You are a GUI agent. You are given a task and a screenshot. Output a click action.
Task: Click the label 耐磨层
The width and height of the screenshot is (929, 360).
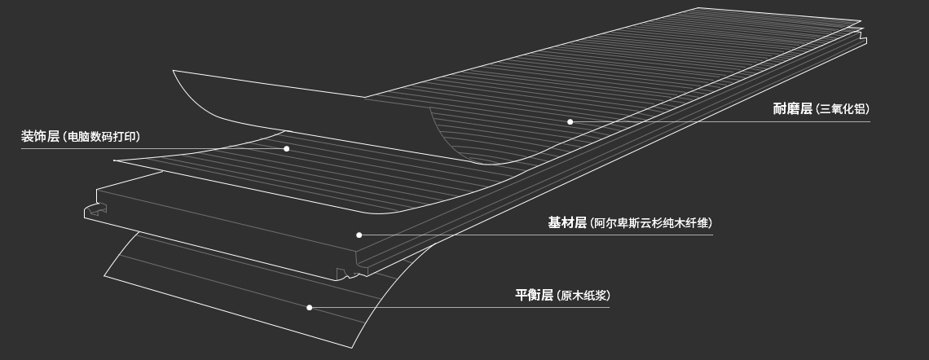coord(793,109)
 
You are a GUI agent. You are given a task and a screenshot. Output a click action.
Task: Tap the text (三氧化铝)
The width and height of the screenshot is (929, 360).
coord(843,110)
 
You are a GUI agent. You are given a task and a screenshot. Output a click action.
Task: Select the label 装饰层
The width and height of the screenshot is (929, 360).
coord(40,137)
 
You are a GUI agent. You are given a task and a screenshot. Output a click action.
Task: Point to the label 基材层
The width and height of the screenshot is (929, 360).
coord(567,223)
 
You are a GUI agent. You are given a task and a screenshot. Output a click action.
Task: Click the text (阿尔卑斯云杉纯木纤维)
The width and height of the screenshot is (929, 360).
coord(650,224)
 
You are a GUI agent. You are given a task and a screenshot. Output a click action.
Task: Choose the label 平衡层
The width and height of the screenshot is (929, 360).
coord(534,295)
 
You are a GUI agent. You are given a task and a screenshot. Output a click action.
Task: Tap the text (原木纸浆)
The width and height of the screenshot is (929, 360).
coord(583,296)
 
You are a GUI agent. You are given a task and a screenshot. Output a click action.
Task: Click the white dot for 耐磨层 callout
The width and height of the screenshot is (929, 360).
coord(570,122)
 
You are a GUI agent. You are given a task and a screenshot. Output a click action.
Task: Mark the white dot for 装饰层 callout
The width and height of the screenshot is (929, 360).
coord(287,149)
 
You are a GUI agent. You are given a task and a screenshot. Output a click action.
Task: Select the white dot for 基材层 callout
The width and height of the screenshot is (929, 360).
coord(359,235)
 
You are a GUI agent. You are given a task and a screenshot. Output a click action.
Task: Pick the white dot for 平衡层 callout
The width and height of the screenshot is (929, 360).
coord(309,308)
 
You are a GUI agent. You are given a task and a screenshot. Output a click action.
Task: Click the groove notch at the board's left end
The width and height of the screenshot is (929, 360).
coord(95,211)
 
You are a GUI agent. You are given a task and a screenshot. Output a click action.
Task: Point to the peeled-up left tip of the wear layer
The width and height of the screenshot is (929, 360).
coord(174,72)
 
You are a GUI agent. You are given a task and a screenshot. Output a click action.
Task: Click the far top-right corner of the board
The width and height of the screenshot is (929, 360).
coord(861,22)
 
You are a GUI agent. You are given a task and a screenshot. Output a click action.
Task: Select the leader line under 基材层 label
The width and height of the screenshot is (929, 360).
coord(570,235)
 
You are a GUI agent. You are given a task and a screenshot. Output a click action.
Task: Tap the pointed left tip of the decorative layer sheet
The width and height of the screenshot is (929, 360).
coord(115,160)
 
